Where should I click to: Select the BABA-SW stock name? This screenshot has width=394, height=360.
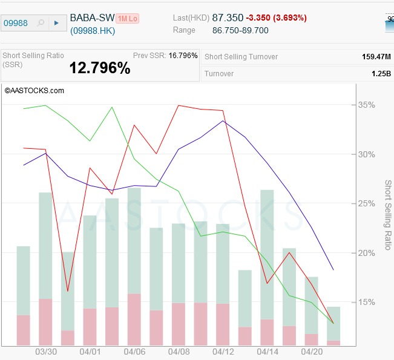(x=92, y=18)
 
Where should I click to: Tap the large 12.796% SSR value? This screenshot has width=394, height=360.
(x=100, y=68)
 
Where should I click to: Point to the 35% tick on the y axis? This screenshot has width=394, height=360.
(x=366, y=105)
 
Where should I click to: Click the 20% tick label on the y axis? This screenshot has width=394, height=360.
(x=366, y=253)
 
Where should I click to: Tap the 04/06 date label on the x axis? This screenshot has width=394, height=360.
(x=134, y=352)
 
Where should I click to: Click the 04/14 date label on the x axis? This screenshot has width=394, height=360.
(x=267, y=352)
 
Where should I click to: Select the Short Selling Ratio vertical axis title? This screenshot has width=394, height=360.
(x=388, y=215)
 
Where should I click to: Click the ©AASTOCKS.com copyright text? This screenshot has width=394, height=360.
(x=34, y=91)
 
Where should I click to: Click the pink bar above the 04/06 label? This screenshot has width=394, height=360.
(x=134, y=319)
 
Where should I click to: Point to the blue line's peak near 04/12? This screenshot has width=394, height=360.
(x=223, y=121)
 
